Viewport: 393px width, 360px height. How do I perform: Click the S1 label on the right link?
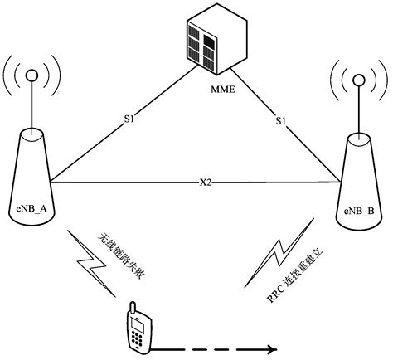[282, 121]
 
